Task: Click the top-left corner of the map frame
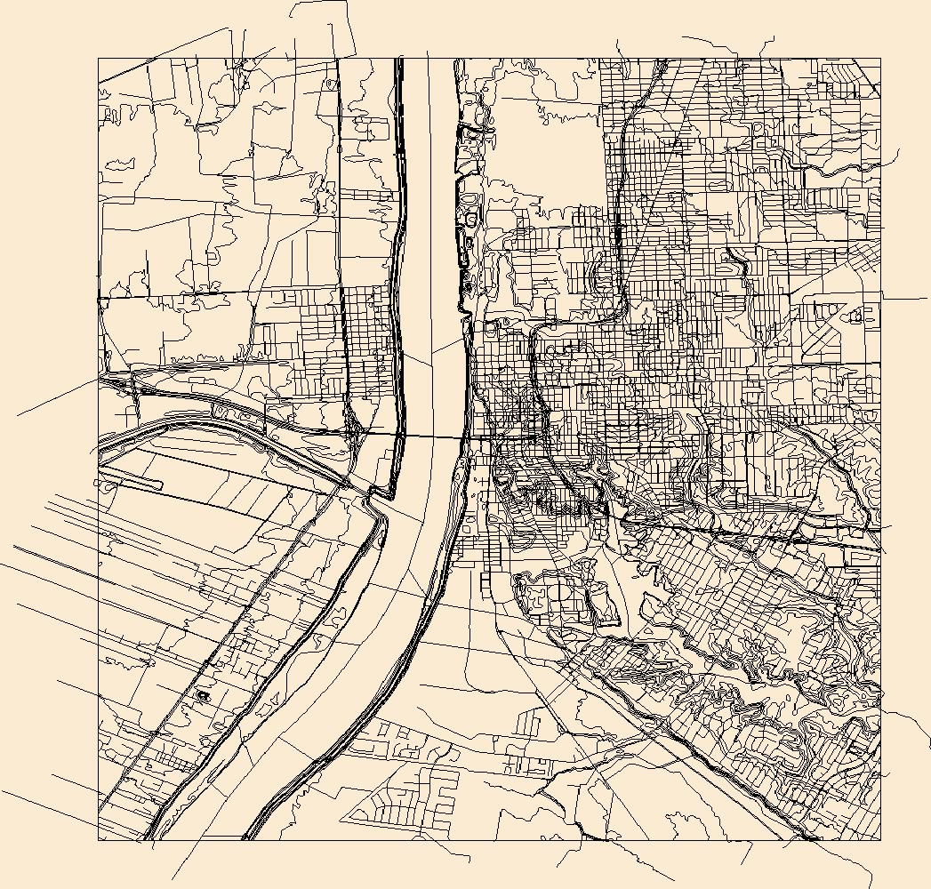pos(98,59)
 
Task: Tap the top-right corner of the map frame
pos(880,59)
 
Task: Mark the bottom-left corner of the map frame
pos(98,840)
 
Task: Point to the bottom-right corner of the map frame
pos(880,840)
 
